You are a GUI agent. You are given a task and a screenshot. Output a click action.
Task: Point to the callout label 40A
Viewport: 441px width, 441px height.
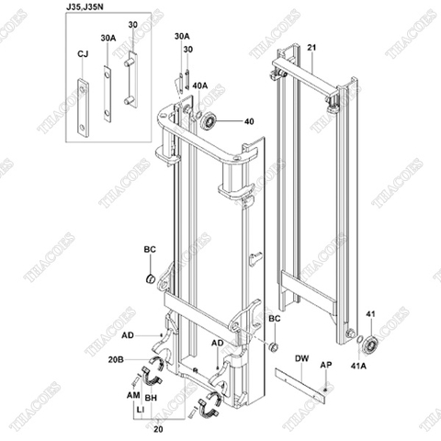(199, 85)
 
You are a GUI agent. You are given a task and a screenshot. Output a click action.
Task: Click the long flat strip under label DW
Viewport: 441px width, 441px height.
(300, 380)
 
